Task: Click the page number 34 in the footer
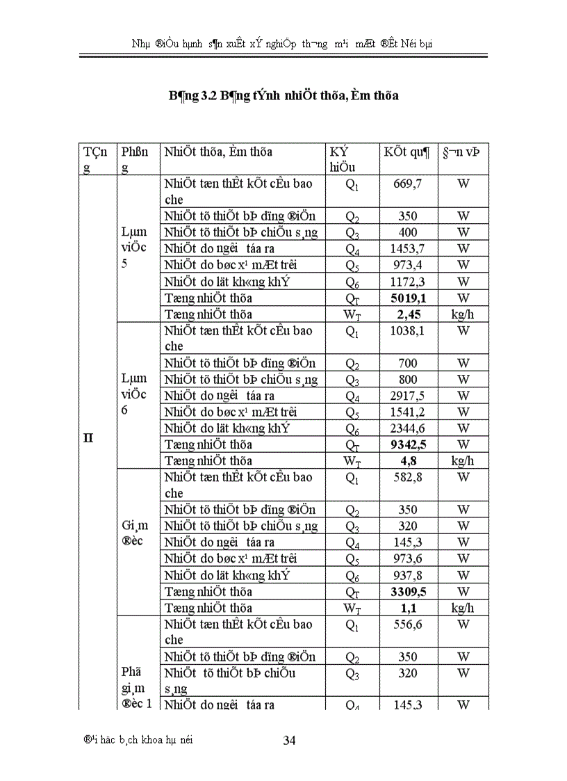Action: [x=290, y=740]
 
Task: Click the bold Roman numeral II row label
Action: [x=88, y=439]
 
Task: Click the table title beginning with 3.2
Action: [x=283, y=96]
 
